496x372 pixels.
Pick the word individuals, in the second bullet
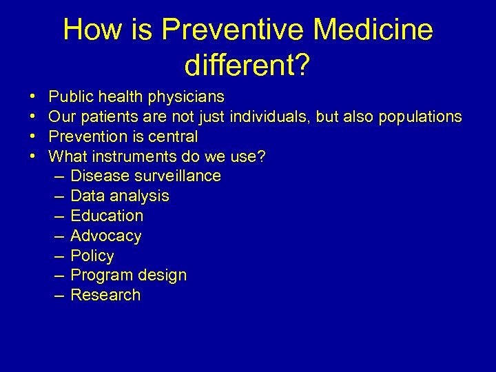[x=271, y=117]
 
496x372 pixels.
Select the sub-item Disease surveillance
[x=145, y=176]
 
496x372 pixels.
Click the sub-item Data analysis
[x=119, y=196]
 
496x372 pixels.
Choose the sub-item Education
[x=107, y=216]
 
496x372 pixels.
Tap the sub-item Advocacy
[x=105, y=236]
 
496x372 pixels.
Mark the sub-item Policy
[x=92, y=256]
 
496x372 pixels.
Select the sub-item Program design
[x=128, y=276]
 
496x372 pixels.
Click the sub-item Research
[x=105, y=296]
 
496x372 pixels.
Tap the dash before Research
[x=59, y=296]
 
